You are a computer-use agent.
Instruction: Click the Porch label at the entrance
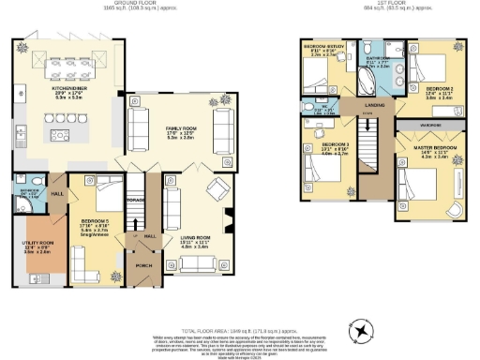pos(143,264)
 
